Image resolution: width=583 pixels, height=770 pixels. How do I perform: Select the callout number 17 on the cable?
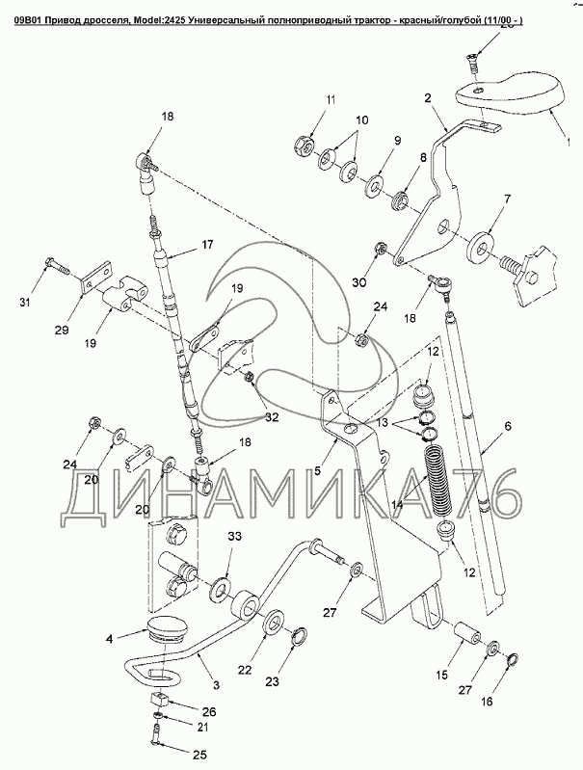(x=206, y=245)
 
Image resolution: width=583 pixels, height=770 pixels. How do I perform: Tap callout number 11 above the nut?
(x=330, y=101)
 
